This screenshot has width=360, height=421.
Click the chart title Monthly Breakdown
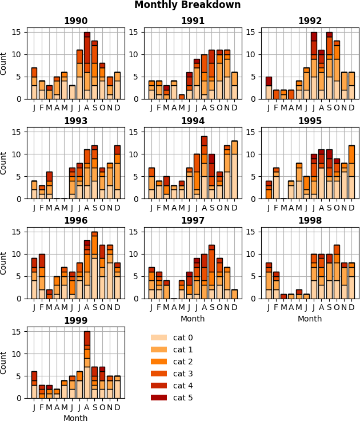point(187,5)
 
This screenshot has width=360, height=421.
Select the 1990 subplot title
point(75,21)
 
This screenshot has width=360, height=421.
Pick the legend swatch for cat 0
point(159,338)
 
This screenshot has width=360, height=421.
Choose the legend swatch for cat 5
point(159,398)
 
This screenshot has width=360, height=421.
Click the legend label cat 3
point(183,374)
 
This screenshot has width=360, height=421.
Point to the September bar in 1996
point(94,265)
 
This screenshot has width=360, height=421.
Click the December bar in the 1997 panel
point(234,294)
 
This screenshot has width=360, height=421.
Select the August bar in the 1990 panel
point(87,66)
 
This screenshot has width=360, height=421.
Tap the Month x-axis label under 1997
point(193,319)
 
